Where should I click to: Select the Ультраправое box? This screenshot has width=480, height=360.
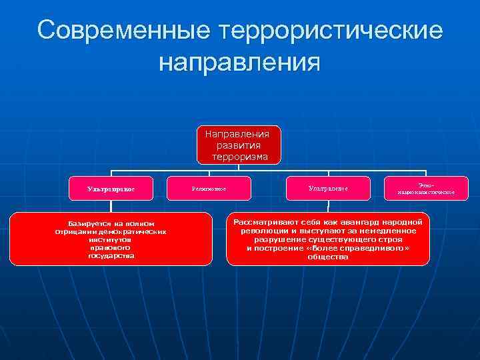(111, 189)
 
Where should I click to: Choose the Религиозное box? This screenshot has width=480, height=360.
(209, 189)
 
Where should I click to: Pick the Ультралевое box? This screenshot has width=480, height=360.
(328, 189)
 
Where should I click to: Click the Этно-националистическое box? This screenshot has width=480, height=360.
(426, 189)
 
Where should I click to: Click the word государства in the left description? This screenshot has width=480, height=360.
(111, 255)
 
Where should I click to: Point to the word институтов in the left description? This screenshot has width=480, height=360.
(111, 239)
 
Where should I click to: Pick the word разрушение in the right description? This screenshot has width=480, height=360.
(282, 239)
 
